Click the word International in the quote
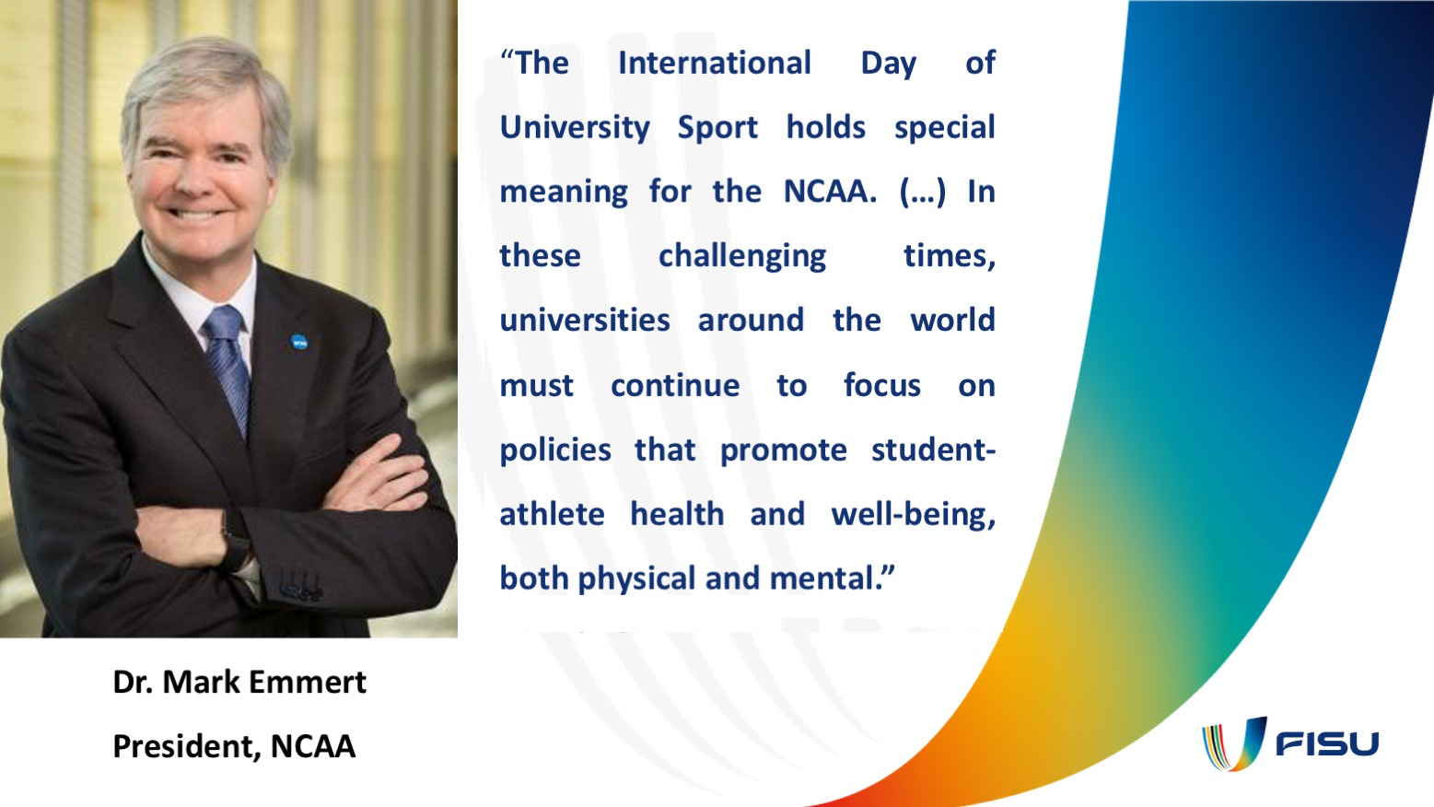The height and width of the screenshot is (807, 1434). [714, 64]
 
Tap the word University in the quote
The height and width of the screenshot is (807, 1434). [575, 128]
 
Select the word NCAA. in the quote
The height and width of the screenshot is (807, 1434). [830, 192]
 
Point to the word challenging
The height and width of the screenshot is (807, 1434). [742, 256]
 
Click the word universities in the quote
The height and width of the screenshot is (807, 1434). [585, 321]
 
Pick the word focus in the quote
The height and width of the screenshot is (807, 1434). [881, 385]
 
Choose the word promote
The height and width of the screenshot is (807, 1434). [783, 450]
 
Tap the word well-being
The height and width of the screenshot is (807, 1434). [913, 514]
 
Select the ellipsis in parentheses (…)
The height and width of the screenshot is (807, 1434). [922, 192]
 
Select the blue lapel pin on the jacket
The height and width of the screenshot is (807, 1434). [298, 343]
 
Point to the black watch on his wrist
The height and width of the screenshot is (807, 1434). [236, 539]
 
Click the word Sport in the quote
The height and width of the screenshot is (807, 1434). [717, 128]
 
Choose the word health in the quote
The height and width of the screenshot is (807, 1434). [677, 514]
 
